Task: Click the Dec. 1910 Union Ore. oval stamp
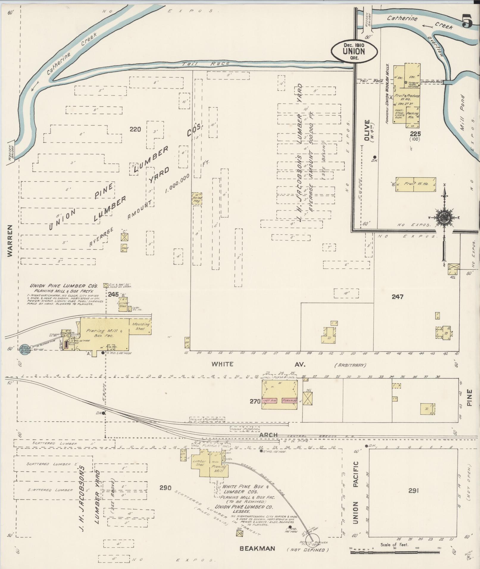coord(354,51)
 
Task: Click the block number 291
coord(414,490)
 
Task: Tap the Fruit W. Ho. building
coord(416,184)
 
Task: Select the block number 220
coord(135,129)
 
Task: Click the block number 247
coord(397,297)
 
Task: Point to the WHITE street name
coord(222,364)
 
